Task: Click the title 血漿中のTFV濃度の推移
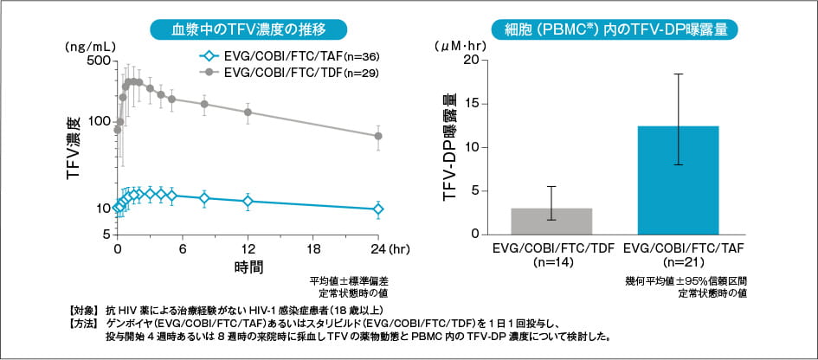pos(248,28)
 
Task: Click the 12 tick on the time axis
pos(248,248)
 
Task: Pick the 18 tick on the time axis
pos(312,248)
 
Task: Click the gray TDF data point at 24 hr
pos(378,136)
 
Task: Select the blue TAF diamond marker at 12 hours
pos(248,202)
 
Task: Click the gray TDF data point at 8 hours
pos(204,104)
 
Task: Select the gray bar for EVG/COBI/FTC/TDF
pos(551,222)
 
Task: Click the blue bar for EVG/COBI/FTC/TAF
pos(679,180)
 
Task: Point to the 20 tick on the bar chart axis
pos(470,60)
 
